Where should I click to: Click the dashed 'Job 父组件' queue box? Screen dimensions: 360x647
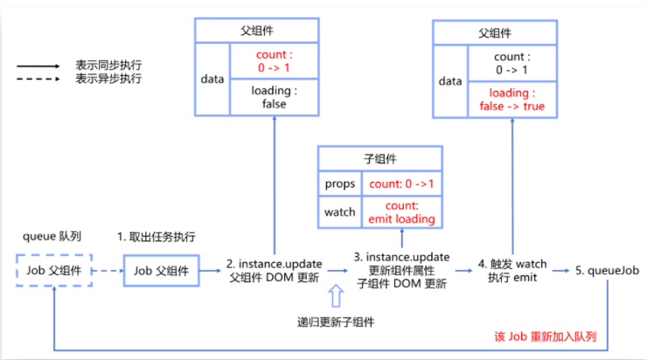coord(53,271)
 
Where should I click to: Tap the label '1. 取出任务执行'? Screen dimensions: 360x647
coord(156,237)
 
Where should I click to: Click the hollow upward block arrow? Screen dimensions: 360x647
coord(337,295)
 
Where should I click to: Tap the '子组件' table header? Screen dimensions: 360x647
coord(380,159)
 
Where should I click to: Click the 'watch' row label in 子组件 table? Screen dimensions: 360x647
coord(339,211)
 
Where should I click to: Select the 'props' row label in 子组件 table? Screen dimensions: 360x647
coord(339,185)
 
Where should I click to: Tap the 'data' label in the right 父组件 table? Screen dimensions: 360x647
coord(449,80)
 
